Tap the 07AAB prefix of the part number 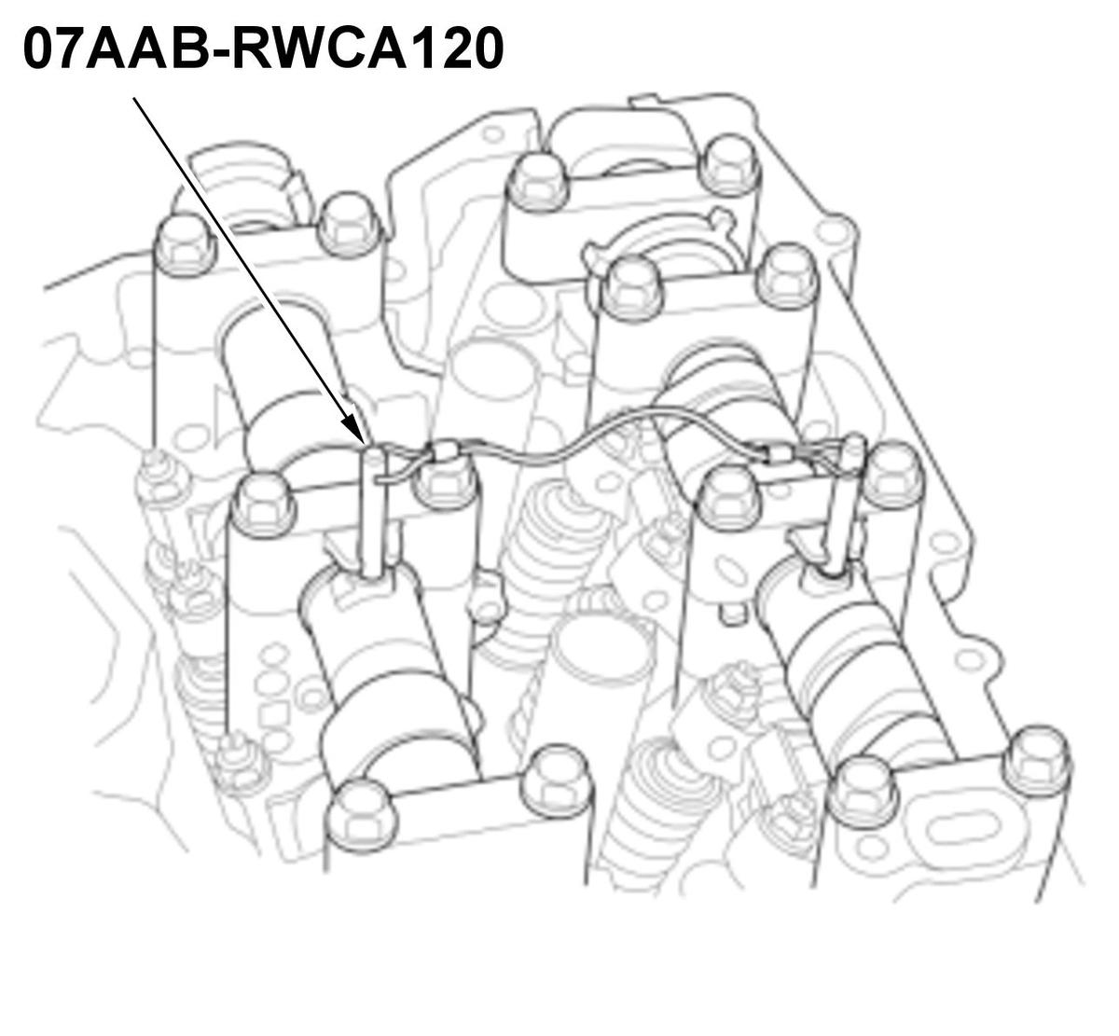[x=124, y=49]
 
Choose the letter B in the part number [x=207, y=49]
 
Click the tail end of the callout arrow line [x=134, y=99]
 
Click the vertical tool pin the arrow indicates [x=373, y=513]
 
